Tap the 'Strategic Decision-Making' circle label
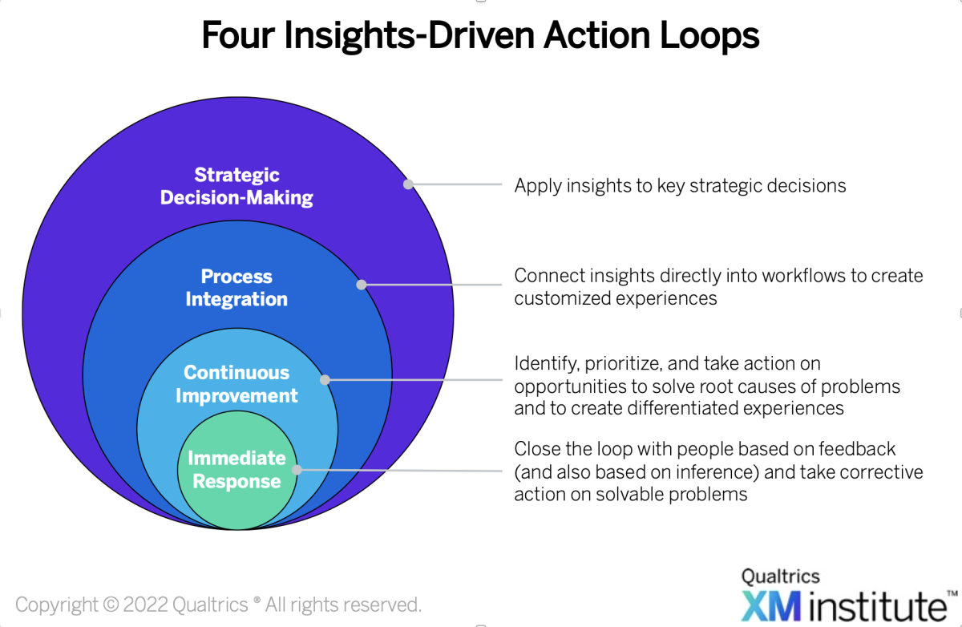tap(236, 186)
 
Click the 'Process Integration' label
tap(236, 288)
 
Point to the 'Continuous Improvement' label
tap(236, 384)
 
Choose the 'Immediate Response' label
tap(236, 470)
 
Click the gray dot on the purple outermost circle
tap(408, 184)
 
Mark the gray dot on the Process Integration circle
tap(361, 284)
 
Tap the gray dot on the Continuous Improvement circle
tap(325, 380)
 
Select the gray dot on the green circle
tap(297, 470)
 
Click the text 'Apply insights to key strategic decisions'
tap(680, 186)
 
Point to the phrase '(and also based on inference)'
tap(626, 471)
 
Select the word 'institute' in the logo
tap(874, 604)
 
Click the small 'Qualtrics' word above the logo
tap(780, 576)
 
